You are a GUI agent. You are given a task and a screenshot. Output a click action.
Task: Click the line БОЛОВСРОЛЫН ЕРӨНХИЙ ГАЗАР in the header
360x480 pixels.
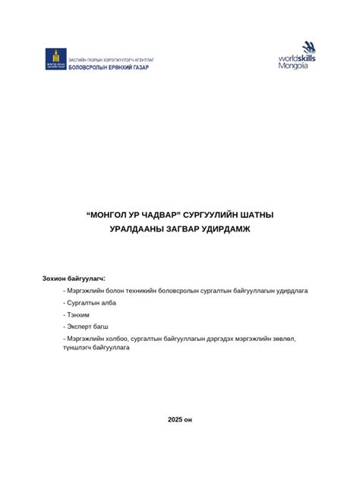(x=109, y=68)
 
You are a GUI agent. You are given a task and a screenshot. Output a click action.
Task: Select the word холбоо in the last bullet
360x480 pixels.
(x=115, y=338)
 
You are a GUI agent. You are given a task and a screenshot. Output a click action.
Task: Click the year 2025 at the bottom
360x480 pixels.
(x=175, y=418)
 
